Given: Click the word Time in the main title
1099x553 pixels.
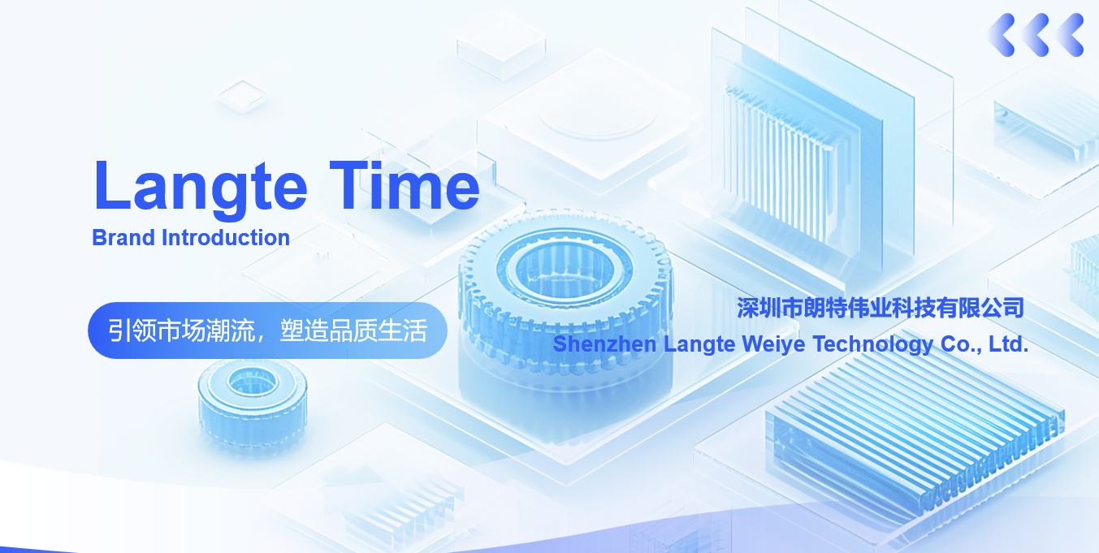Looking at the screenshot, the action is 405,184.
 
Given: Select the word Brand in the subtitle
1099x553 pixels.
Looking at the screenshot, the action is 123,237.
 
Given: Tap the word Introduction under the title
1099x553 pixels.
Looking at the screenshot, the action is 226,237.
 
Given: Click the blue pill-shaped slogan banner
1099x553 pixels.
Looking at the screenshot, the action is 267,331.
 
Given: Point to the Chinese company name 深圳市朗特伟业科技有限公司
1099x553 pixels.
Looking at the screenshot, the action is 880,308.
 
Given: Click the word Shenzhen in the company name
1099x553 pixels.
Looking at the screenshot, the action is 604,344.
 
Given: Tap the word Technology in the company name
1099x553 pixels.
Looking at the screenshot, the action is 873,344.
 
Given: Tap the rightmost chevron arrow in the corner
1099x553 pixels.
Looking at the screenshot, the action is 1070,35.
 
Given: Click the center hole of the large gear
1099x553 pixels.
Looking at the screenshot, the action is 565,270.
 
